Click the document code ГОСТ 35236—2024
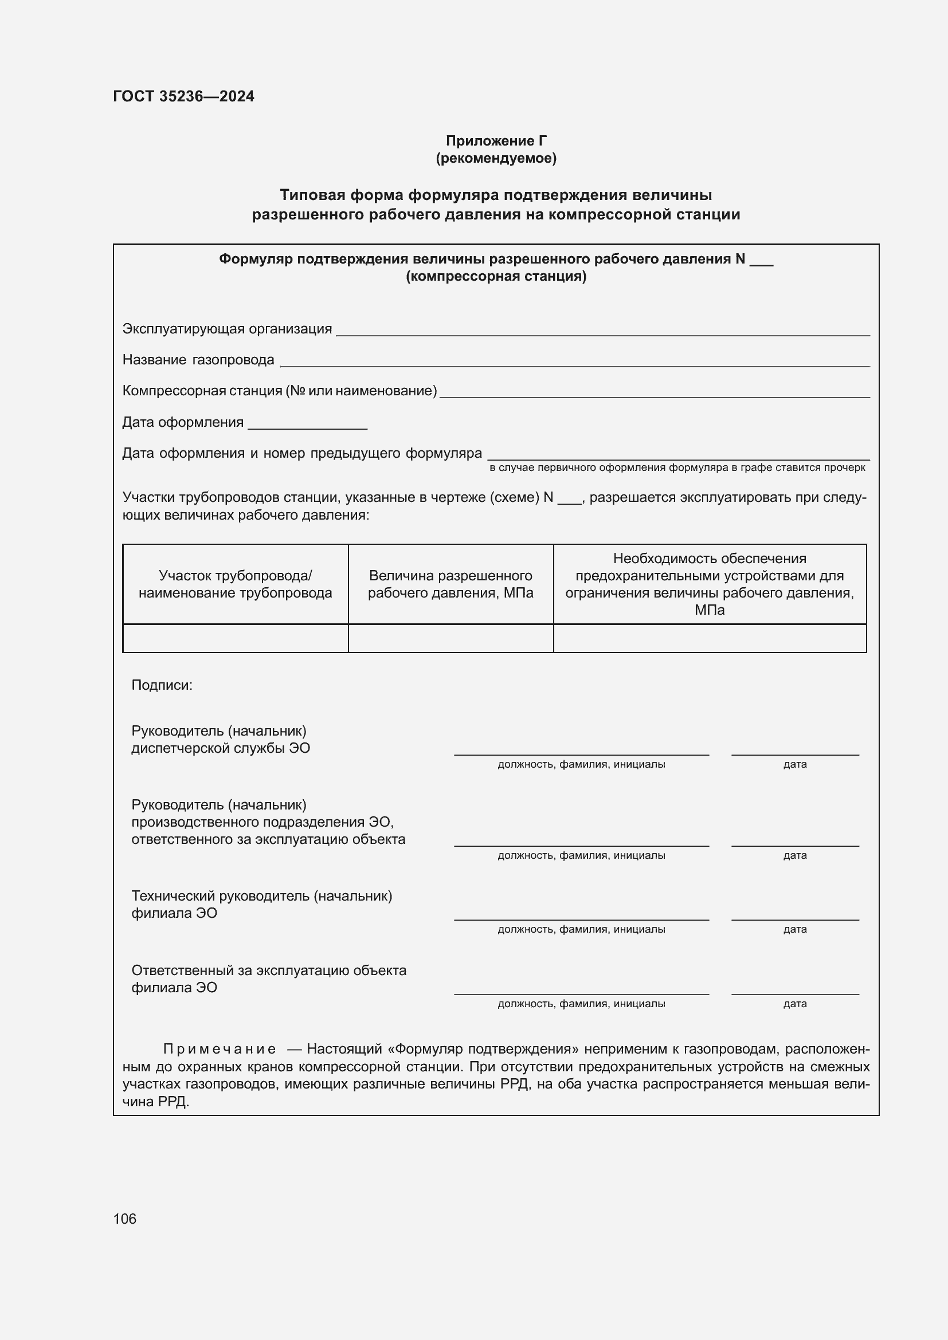coord(183,96)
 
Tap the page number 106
coord(125,1219)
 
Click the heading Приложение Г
coord(496,141)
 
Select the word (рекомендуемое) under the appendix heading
coord(496,158)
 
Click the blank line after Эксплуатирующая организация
coord(602,331)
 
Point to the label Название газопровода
coord(198,360)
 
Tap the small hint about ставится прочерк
coord(677,467)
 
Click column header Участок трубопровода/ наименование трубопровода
coord(235,584)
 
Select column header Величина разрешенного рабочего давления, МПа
coord(451,584)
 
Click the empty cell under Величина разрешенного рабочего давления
coord(451,638)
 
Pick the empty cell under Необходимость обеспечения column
coord(709,638)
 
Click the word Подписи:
coord(162,685)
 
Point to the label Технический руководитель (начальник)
coord(261,896)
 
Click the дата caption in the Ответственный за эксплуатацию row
coord(795,1004)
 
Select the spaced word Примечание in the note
coord(219,1050)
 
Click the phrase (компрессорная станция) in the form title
coord(496,276)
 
